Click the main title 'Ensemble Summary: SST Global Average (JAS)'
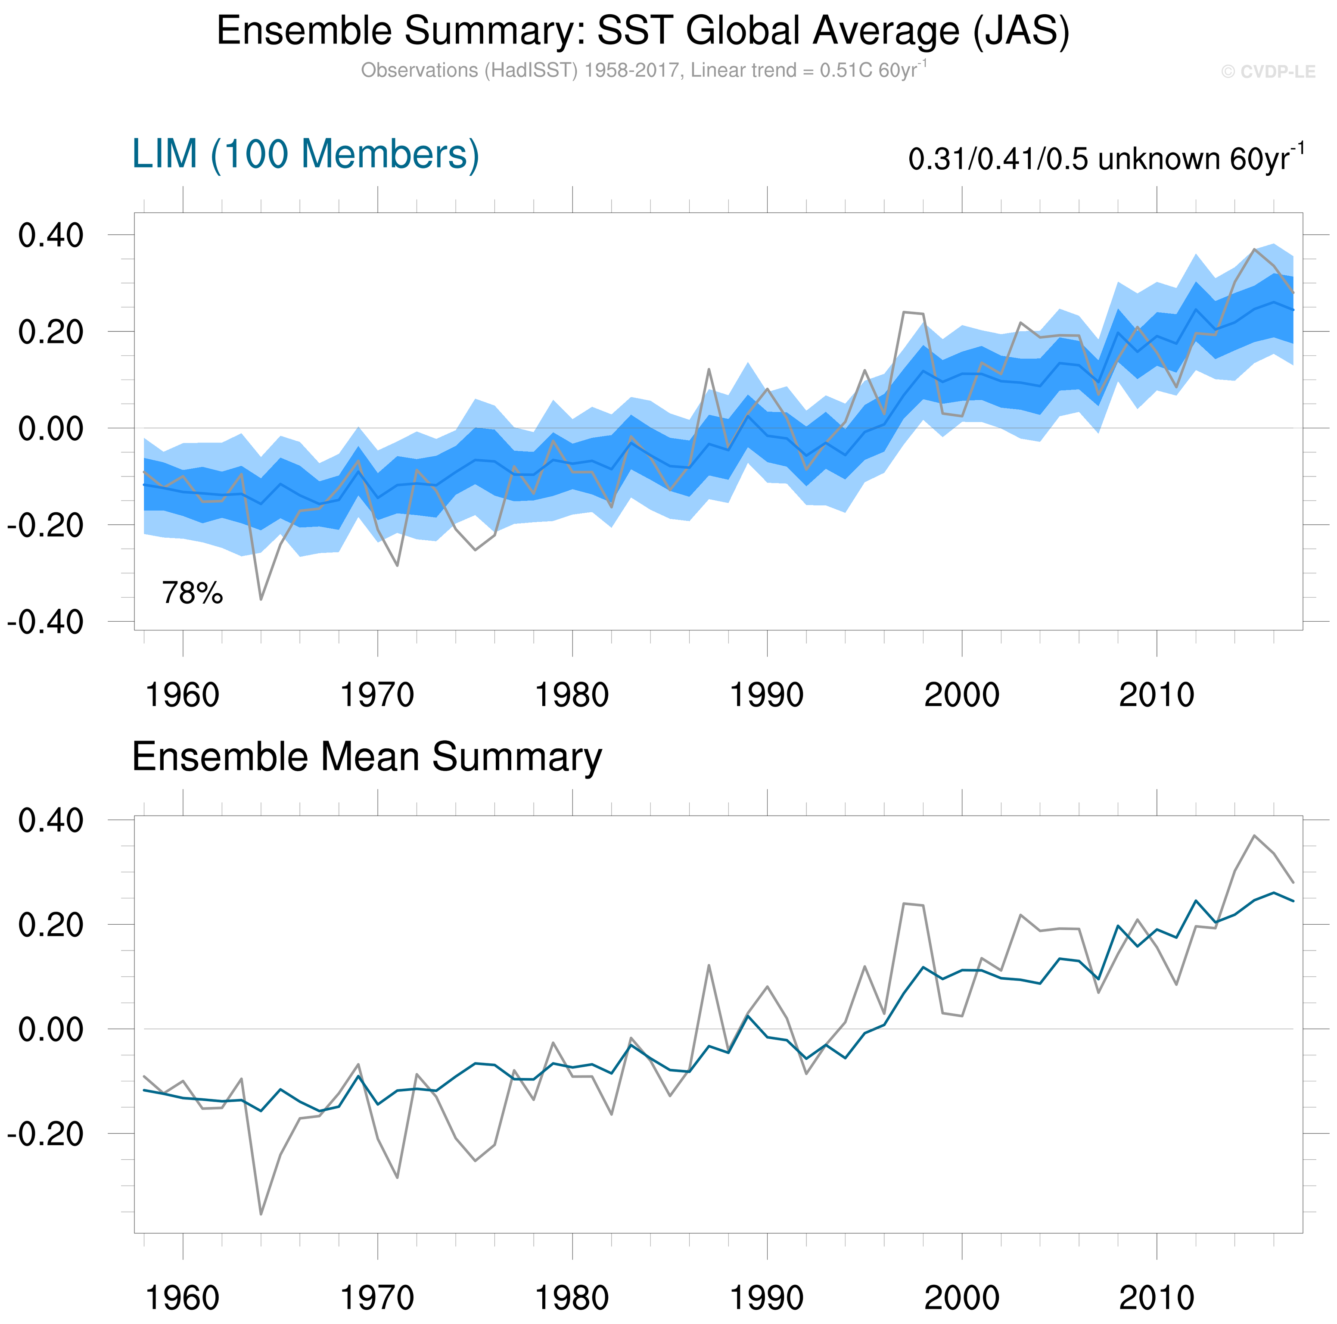click(643, 31)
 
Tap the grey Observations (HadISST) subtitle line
click(643, 71)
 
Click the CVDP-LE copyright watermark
click(1268, 72)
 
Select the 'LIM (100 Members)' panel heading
click(305, 154)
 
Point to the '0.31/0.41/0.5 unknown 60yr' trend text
click(1105, 159)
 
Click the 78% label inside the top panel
click(193, 593)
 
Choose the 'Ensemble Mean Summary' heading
click(367, 757)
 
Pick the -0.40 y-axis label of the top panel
click(46, 622)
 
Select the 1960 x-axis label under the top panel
click(183, 695)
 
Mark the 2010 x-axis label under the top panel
click(1157, 695)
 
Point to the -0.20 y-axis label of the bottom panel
click(46, 1134)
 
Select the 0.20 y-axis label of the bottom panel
click(50, 925)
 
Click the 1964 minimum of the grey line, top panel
click(261, 599)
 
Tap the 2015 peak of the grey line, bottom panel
click(1254, 835)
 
